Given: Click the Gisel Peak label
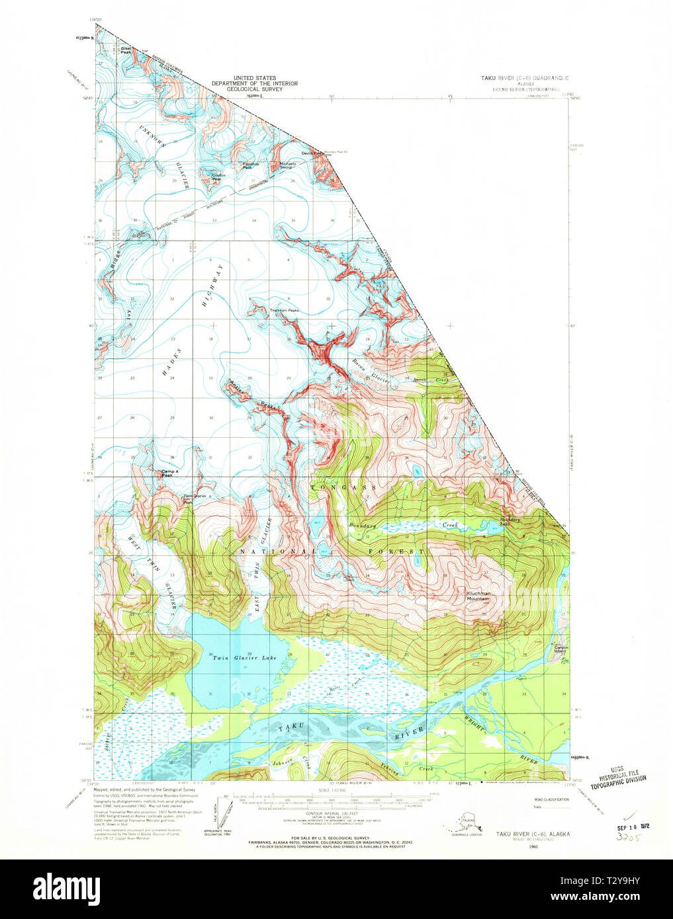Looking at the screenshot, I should tap(126, 50).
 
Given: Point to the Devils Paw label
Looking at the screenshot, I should tap(312, 153).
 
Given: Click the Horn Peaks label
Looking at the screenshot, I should tap(284, 310).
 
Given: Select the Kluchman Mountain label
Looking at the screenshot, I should tap(478, 596).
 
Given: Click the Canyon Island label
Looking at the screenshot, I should tap(562, 649).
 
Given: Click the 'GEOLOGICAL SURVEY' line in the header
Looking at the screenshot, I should tap(254, 89).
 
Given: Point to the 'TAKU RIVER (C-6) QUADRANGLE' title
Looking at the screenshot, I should tap(524, 78).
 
